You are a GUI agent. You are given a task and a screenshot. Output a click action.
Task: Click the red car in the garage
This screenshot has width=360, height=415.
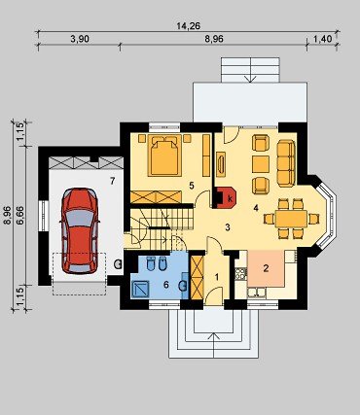[x=80, y=230]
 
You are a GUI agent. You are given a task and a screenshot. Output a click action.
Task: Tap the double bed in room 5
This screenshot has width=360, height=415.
[x=164, y=155]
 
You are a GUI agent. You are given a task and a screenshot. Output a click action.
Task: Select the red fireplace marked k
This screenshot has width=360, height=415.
[x=225, y=197]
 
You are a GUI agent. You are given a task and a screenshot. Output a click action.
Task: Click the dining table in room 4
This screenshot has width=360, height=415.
[x=291, y=219]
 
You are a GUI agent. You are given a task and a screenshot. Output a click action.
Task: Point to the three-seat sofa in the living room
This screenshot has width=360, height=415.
[x=286, y=163]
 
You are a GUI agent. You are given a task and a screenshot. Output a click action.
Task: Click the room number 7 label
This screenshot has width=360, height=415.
[x=112, y=182]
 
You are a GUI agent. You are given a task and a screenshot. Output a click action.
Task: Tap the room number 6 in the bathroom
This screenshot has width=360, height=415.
[x=166, y=285]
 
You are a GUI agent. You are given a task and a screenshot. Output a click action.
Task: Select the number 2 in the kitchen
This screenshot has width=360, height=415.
[x=266, y=268]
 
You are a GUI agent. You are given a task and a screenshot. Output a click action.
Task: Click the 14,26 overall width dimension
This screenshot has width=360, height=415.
[x=189, y=26]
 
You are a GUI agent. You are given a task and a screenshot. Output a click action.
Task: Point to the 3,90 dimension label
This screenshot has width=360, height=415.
[x=80, y=39]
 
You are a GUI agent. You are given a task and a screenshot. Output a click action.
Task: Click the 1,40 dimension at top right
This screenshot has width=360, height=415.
[x=323, y=39]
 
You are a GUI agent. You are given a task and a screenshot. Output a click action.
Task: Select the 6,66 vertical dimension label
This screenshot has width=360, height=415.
[x=20, y=216]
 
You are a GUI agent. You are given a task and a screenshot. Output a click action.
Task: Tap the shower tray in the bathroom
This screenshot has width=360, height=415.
[x=140, y=290]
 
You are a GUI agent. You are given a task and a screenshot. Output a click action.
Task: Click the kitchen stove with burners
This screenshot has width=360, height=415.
[x=240, y=274]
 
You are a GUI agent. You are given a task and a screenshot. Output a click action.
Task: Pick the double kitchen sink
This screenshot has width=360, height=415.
[x=257, y=293]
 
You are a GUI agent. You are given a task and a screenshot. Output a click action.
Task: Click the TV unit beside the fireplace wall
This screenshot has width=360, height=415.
[x=221, y=164]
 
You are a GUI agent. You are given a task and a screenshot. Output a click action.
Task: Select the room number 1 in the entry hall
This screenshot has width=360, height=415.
[x=217, y=277]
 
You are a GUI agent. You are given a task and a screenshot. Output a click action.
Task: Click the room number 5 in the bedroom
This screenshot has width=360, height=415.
[x=192, y=186]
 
